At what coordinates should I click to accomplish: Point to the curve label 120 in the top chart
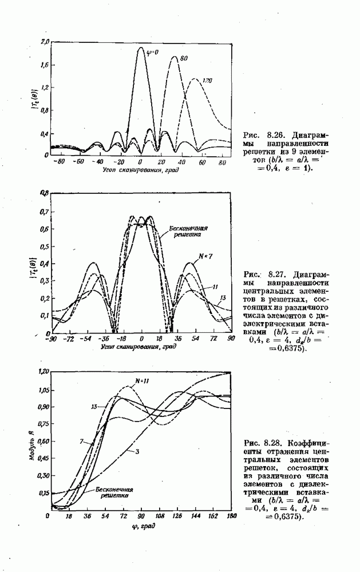207,81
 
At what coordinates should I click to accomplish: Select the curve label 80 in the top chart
184,58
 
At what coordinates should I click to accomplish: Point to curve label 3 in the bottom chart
138,451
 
